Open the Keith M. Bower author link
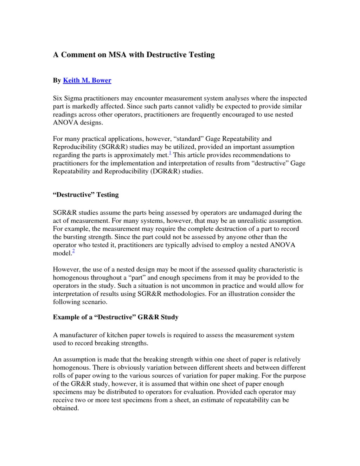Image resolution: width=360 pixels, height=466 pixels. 87,81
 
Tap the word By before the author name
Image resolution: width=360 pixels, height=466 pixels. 57,81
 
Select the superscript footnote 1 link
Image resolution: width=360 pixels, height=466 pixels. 170,153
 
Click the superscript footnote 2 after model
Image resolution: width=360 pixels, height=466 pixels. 73,251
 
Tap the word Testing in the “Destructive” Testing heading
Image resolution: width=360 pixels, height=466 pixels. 108,195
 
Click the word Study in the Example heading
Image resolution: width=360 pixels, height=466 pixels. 169,317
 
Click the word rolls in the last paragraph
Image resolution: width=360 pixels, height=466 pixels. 59,376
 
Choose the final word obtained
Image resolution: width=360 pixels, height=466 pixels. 66,408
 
